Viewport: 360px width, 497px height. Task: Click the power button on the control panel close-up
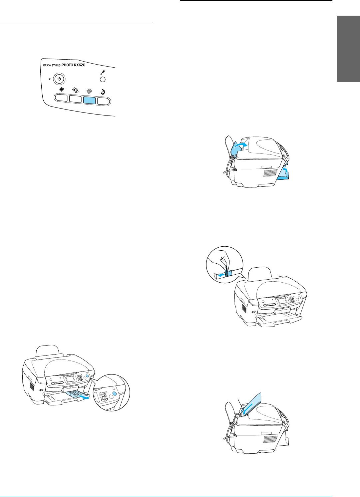tap(59, 79)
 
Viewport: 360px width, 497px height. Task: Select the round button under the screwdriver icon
tap(103, 80)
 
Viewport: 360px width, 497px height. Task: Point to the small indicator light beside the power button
tap(50, 79)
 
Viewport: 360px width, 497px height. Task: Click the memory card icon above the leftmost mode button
tap(61, 89)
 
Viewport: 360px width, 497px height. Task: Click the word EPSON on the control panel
tap(47, 65)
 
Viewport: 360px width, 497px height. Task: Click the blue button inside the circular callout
tap(115, 393)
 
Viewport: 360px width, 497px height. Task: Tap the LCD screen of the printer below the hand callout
tap(280, 302)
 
